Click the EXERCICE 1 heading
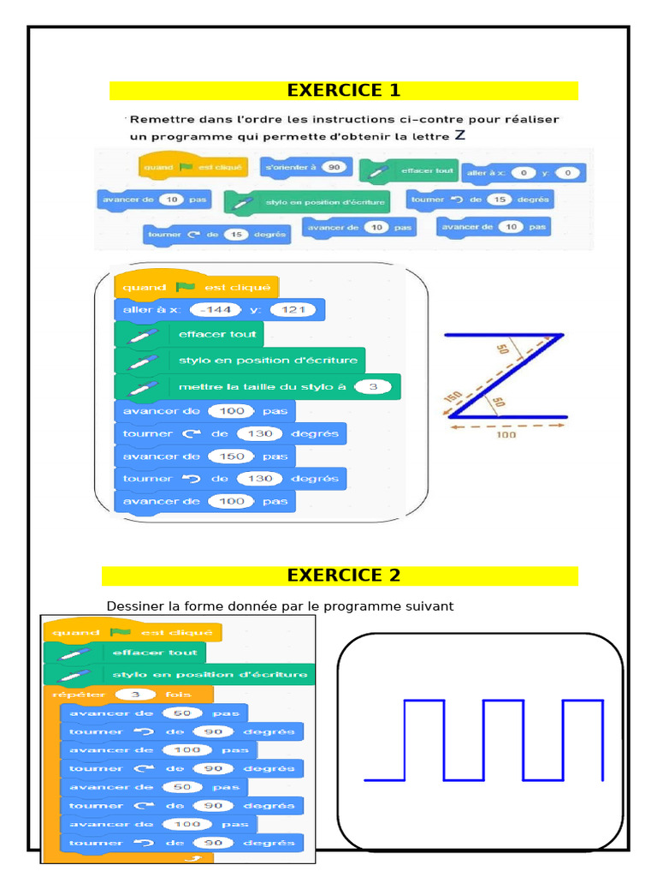pyautogui.click(x=343, y=91)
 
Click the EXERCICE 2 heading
pyautogui.click(x=343, y=576)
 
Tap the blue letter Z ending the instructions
pyautogui.click(x=460, y=135)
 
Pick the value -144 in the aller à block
pyautogui.click(x=212, y=310)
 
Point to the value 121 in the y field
pyautogui.click(x=293, y=310)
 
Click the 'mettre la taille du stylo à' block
pyautogui.click(x=257, y=387)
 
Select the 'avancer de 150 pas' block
pyautogui.click(x=204, y=456)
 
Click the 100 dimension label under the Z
pyautogui.click(x=506, y=434)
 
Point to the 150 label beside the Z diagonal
pyautogui.click(x=452, y=399)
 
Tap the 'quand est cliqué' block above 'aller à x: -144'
pyautogui.click(x=197, y=288)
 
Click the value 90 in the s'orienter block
pyautogui.click(x=334, y=168)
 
